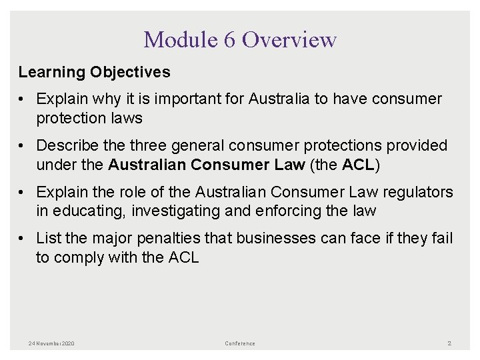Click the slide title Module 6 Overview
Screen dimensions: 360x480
click(240, 40)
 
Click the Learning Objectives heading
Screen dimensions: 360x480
click(94, 72)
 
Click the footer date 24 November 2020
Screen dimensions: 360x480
click(51, 343)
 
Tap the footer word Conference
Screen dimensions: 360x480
click(240, 343)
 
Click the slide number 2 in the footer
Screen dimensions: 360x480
click(449, 343)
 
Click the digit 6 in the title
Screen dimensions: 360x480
click(230, 40)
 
